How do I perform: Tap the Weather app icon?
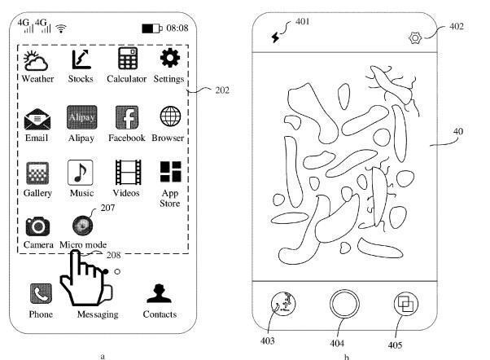click(36, 60)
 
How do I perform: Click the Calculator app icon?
click(128, 58)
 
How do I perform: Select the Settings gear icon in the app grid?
click(169, 58)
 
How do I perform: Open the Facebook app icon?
click(127, 117)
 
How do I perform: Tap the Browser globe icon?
click(170, 116)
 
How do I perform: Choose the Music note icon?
click(81, 173)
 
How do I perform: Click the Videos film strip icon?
click(128, 172)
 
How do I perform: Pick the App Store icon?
click(170, 172)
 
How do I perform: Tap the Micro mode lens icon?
click(82, 225)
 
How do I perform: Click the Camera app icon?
click(37, 226)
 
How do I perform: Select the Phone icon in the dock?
click(41, 294)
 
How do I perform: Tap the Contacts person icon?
click(159, 293)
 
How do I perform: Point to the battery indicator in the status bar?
click(152, 29)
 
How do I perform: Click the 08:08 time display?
click(177, 29)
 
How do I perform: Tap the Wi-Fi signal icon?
click(61, 29)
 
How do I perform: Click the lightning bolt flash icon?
click(275, 37)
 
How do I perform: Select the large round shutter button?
click(344, 304)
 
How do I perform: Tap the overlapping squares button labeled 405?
click(405, 304)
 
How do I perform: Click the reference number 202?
click(222, 90)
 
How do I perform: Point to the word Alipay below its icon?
click(81, 138)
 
